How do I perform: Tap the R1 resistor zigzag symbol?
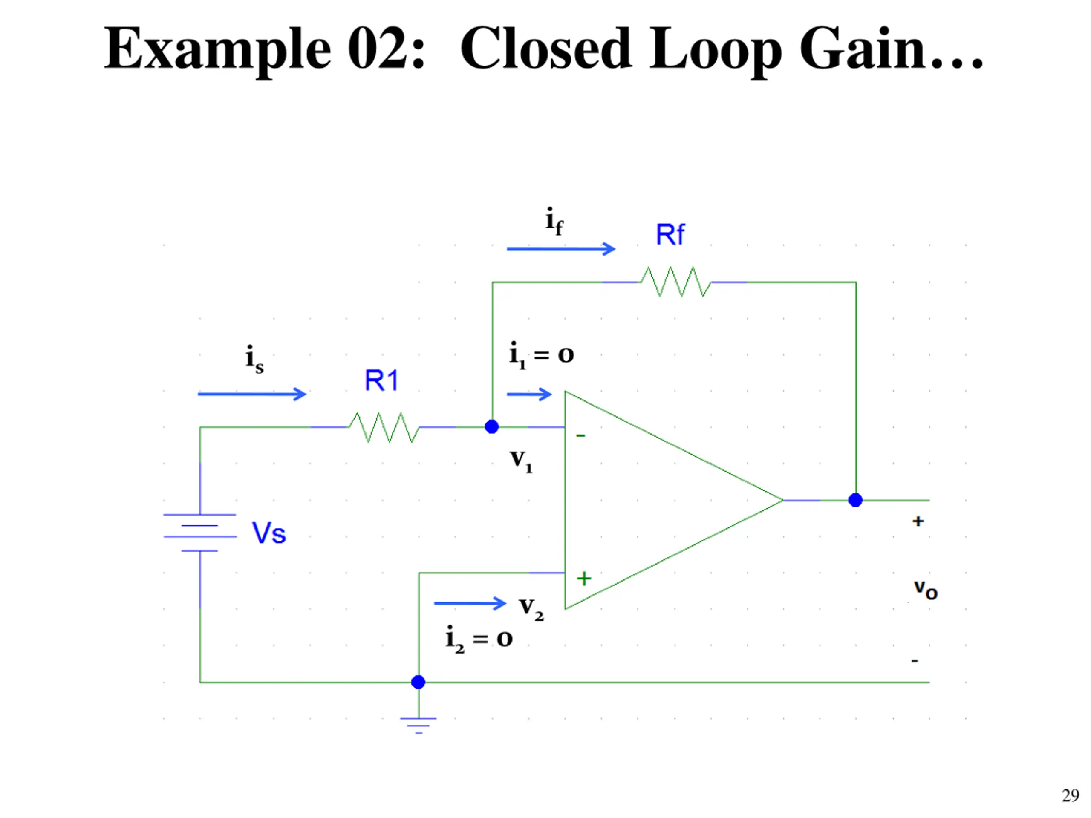coord(384,427)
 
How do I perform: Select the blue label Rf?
coord(670,235)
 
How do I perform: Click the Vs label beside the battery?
coord(269,533)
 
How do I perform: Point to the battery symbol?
coord(200,533)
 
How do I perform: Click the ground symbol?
coord(418,725)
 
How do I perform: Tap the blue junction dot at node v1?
coord(492,426)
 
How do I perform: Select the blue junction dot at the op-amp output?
coord(855,500)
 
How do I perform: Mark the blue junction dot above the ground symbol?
coord(418,682)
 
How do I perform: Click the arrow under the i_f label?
coord(561,248)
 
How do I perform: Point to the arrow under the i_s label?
coord(251,394)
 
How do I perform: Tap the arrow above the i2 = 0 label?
coord(470,603)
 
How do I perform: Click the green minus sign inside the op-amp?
coord(580,435)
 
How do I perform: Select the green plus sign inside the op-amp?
coord(584,579)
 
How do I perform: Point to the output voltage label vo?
coord(925,589)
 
